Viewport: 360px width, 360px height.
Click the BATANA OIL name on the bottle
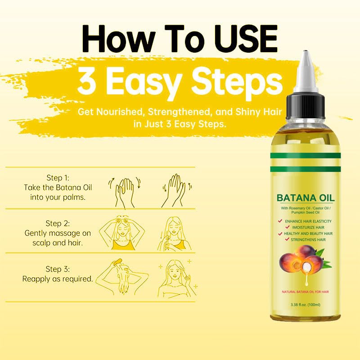tap(306, 197)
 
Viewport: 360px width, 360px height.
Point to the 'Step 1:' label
tap(58, 177)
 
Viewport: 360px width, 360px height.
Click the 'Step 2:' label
tap(58, 223)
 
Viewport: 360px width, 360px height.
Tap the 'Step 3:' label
tap(58, 269)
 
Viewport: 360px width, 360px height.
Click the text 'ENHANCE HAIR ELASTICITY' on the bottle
tap(309, 221)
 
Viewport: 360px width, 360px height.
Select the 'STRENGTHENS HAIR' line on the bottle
tap(309, 240)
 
